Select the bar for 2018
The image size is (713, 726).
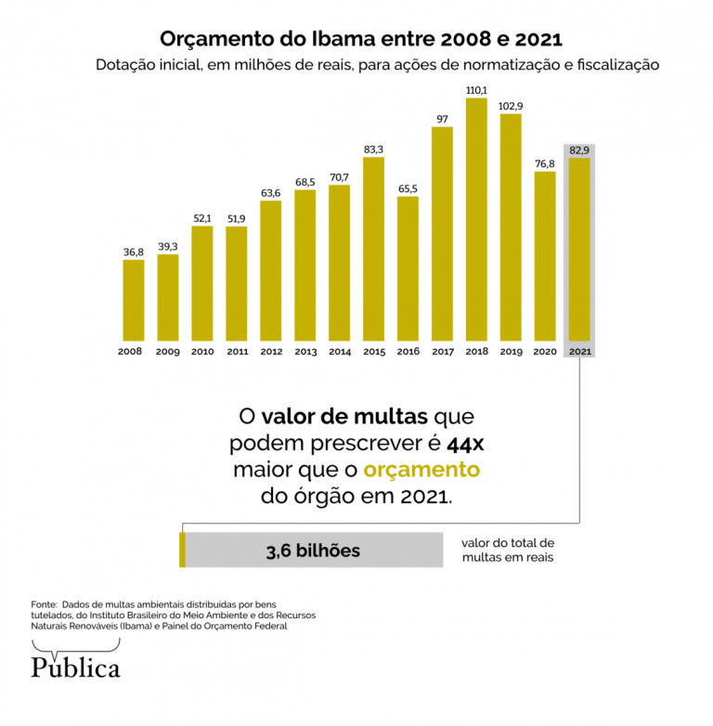click(x=476, y=219)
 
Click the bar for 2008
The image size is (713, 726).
click(x=134, y=300)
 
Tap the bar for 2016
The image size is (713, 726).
click(x=408, y=268)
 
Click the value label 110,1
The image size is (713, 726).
click(x=476, y=90)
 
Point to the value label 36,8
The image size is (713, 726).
click(x=134, y=252)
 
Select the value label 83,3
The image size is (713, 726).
click(x=373, y=149)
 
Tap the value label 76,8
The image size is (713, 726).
click(x=545, y=163)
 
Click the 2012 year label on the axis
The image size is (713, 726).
click(x=271, y=352)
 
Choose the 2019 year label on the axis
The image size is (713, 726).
click(x=511, y=352)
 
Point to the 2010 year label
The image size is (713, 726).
click(x=202, y=352)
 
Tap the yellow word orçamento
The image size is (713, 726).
click(x=421, y=469)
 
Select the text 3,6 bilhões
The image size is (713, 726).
click(x=313, y=551)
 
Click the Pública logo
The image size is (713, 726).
click(x=75, y=664)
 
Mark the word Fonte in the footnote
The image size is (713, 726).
click(x=44, y=603)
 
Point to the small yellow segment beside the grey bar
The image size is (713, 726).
click(x=182, y=550)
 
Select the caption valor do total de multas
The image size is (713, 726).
click(x=507, y=550)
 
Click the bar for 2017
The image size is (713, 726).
click(x=442, y=233)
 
